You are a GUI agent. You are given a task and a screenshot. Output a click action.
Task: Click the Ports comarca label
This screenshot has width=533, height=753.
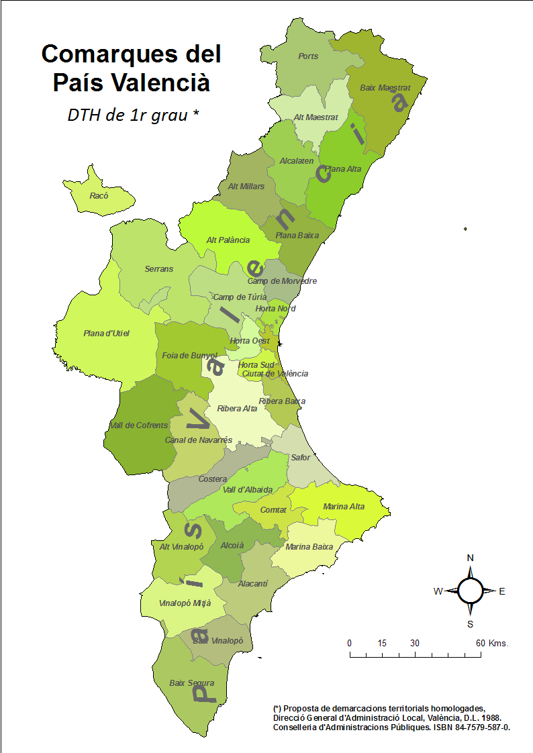pos(308,56)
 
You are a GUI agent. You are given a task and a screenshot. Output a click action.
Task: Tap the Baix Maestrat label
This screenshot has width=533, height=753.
pos(385,88)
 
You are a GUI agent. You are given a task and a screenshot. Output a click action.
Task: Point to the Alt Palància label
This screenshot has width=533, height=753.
pos(228,240)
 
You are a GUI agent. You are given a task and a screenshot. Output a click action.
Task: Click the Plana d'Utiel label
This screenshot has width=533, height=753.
pos(106,334)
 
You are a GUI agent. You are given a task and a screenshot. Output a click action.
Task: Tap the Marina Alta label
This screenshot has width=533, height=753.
pos(344,507)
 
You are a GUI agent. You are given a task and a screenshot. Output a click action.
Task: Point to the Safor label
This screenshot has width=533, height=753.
pos(300,458)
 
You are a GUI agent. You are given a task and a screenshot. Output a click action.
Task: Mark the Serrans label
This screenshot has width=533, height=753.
pos(158,269)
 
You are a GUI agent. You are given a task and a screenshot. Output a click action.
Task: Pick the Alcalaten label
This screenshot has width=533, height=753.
pos(296,161)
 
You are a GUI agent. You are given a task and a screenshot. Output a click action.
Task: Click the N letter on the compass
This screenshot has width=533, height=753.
pos(470,558)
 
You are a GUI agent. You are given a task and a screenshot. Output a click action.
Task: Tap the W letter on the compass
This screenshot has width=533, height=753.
pos(437,591)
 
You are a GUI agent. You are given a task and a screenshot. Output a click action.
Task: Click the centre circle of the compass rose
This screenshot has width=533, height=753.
pos(470,591)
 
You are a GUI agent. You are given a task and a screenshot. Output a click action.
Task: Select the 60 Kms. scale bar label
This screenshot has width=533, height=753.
pos(492,643)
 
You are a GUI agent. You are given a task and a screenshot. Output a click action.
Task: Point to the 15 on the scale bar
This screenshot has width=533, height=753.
pos(382,643)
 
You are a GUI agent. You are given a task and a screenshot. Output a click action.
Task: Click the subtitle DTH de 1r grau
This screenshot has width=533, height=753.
pos(133,115)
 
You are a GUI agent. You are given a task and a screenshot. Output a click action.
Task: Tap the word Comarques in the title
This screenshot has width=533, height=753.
pos(131,54)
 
